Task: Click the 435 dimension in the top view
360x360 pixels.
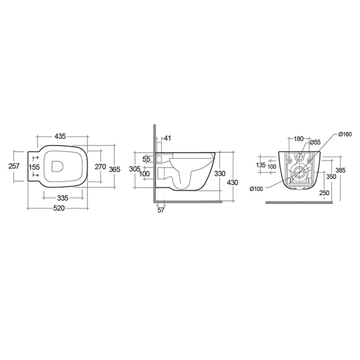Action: (60, 136)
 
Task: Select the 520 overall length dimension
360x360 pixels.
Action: (59, 208)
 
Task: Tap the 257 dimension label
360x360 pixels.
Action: (14, 166)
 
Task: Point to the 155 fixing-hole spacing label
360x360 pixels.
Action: (34, 167)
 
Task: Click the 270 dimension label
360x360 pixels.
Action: (101, 166)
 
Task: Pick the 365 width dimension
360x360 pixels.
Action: (114, 169)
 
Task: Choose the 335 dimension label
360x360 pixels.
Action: (63, 198)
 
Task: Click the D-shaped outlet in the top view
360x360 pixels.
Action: (57, 166)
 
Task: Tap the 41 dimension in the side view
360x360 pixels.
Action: (168, 138)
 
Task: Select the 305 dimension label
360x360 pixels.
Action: (135, 169)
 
